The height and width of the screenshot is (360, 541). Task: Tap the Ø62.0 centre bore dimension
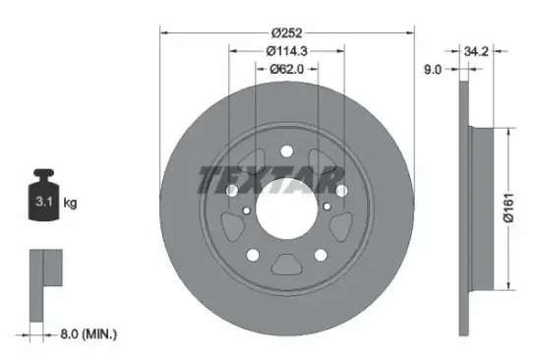pos(286,69)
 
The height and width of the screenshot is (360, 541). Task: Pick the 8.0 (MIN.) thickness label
pos(87,334)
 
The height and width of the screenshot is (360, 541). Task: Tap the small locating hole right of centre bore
pos(325,208)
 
